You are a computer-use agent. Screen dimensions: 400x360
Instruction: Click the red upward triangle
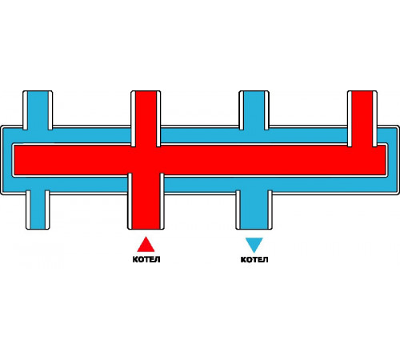[x=146, y=246]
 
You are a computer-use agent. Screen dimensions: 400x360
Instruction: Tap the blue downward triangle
[x=254, y=244]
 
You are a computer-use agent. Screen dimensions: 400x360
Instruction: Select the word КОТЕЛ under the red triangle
[x=146, y=259]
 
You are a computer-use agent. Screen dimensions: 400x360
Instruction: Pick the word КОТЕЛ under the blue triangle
[x=254, y=259]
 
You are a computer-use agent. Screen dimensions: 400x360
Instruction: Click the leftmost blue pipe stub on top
[x=38, y=110]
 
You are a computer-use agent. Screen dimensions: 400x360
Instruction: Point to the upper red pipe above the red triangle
[x=146, y=118]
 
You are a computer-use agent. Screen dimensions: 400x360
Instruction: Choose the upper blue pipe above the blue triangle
[x=254, y=110]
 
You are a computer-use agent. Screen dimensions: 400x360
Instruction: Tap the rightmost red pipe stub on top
[x=362, y=118]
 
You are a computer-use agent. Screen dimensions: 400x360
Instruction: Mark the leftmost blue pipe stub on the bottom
[x=38, y=210]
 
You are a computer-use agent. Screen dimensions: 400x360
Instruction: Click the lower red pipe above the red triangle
[x=146, y=202]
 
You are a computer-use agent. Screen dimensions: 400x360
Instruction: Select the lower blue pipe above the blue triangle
[x=254, y=210]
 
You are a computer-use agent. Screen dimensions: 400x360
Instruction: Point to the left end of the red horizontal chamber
[x=15, y=160]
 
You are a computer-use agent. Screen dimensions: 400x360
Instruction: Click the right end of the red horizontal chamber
[x=385, y=160]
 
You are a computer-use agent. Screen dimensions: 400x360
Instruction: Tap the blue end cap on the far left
[x=7, y=160]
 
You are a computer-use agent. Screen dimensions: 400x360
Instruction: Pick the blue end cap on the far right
[x=392, y=160]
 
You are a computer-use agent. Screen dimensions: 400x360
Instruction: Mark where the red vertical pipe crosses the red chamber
[x=146, y=160]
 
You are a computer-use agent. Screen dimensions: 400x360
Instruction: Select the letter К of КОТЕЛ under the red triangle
[x=135, y=259]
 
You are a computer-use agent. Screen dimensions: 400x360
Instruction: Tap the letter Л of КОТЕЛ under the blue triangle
[x=266, y=259]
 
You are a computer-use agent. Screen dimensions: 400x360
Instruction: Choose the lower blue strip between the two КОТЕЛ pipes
[x=200, y=185]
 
